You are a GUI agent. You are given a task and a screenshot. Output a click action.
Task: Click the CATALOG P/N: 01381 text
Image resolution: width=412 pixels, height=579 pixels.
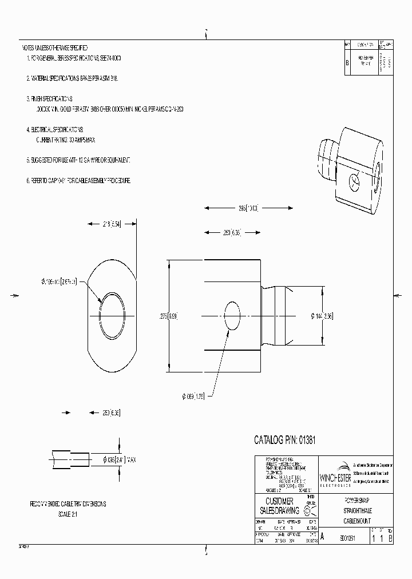(x=285, y=440)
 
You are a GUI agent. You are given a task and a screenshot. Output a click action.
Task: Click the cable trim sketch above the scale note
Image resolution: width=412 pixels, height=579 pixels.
(x=72, y=460)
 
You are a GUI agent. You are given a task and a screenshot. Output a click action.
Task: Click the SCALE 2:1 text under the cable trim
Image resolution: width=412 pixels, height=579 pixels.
(x=67, y=514)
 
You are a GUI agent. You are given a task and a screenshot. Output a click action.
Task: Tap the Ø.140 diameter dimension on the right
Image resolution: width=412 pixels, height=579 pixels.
(x=322, y=315)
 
